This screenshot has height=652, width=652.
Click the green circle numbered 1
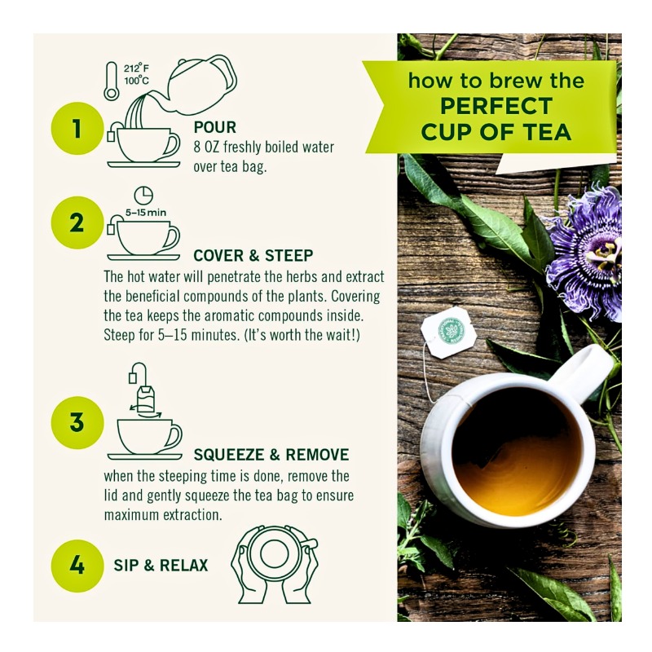coord(77,128)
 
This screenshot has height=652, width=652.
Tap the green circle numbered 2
coord(77,222)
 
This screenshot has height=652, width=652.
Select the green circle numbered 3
coord(77,421)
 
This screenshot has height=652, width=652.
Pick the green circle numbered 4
coord(77,564)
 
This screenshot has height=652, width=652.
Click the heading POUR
coord(215,128)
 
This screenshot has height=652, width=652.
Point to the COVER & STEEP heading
coord(253,256)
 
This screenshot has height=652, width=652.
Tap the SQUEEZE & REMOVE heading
coord(271,454)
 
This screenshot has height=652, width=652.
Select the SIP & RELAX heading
coord(161,565)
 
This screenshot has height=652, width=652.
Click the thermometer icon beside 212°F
coord(112,81)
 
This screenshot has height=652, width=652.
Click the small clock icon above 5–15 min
coord(143,195)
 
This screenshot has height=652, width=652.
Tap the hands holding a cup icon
coord(274,563)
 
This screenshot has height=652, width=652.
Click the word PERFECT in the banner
coord(496,106)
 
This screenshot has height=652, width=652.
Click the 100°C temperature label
coord(136,81)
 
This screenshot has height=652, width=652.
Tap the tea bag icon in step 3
coord(145,399)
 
